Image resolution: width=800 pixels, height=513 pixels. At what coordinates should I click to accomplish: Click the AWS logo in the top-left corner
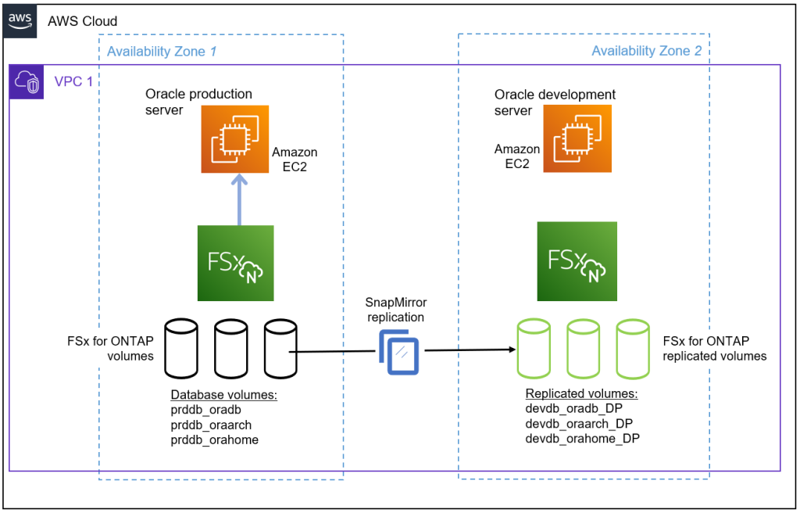click(21, 20)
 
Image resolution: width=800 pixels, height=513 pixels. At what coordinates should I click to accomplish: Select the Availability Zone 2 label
click(646, 52)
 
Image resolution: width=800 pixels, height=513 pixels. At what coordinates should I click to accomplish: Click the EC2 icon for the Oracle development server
click(577, 138)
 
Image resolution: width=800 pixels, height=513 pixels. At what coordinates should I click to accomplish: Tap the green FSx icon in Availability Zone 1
click(235, 263)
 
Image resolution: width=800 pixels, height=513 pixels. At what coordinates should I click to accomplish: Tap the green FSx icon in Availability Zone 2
click(577, 261)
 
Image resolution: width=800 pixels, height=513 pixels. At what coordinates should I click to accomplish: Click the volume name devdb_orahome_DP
click(582, 439)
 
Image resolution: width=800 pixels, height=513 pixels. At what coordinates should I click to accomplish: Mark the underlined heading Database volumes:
click(224, 395)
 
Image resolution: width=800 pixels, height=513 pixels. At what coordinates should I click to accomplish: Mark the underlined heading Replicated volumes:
click(581, 393)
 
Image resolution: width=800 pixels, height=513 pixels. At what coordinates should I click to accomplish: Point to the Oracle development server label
click(555, 102)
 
